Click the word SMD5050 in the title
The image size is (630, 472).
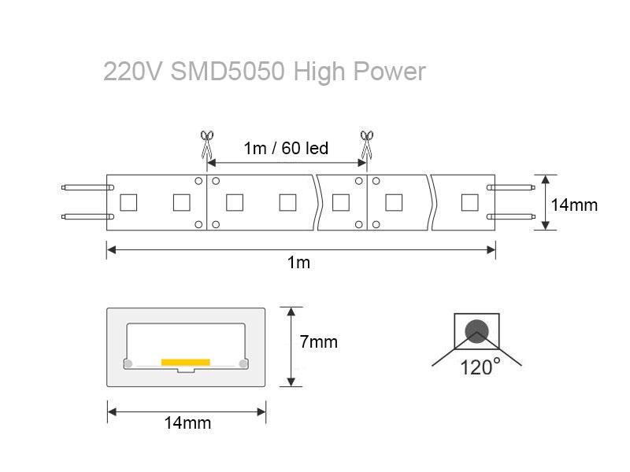point(228,72)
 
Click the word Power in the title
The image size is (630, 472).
point(389,72)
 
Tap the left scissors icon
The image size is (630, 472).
point(206,145)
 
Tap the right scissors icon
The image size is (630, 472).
point(366,145)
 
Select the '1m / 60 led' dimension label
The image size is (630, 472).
point(286,148)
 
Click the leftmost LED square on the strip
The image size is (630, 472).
point(128,203)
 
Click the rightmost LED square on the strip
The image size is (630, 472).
point(469,203)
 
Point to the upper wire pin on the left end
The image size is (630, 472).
point(87,187)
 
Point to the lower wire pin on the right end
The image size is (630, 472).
point(510,217)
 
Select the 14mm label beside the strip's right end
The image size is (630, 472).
point(574,205)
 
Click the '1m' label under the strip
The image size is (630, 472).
point(298,263)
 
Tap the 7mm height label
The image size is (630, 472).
point(319,342)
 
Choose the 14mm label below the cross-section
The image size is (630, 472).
point(187,422)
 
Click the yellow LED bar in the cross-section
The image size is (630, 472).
point(186,363)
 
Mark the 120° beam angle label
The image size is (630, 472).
point(480,367)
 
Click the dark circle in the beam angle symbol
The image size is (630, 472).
point(476,331)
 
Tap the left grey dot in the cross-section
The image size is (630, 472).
point(128,364)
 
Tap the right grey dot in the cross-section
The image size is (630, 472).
point(243,364)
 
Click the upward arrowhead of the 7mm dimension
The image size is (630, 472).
point(291,312)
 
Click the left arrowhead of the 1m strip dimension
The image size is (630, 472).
point(112,250)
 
